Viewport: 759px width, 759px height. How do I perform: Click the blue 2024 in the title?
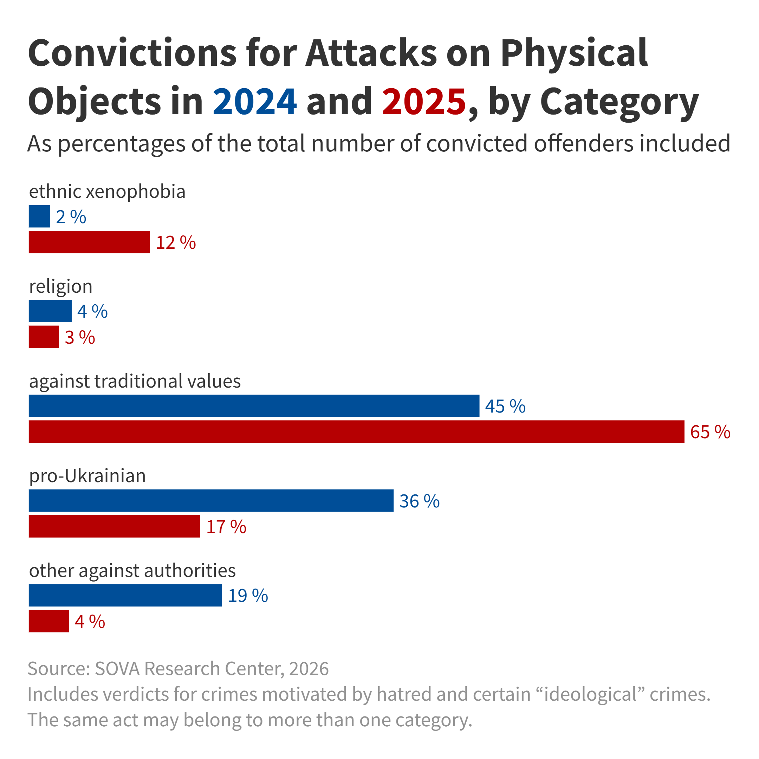[254, 101]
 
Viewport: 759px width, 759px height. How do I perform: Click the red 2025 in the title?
[423, 101]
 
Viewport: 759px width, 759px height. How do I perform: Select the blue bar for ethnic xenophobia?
[39, 216]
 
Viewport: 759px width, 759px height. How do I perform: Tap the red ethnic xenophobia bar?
[89, 242]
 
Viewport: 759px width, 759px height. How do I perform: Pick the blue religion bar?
[50, 311]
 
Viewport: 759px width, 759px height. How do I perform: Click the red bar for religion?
[44, 337]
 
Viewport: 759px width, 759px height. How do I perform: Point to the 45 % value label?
[505, 406]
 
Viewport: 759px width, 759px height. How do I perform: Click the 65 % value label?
[710, 432]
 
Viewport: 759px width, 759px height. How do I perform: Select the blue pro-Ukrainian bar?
[211, 500]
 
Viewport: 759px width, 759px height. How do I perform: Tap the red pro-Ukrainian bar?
[114, 526]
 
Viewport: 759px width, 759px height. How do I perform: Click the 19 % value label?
[248, 596]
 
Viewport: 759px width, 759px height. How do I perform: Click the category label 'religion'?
[61, 286]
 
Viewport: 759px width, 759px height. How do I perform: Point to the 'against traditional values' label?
[135, 381]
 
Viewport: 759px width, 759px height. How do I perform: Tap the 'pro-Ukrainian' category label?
[87, 476]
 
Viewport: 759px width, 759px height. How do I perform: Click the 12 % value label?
[176, 243]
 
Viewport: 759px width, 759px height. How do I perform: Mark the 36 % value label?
[419, 501]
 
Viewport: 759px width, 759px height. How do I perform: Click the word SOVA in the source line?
[117, 669]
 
